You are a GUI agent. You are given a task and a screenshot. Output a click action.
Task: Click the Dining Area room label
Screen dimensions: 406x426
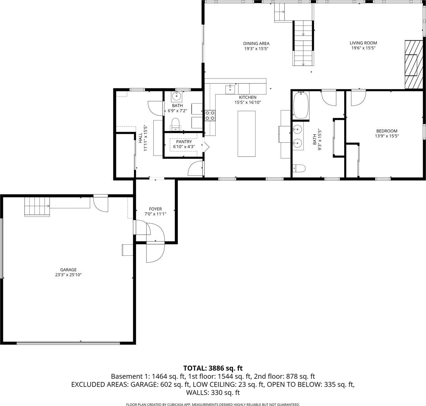click(x=256, y=43)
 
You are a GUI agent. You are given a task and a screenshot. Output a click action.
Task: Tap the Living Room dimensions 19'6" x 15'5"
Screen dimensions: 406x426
click(x=363, y=48)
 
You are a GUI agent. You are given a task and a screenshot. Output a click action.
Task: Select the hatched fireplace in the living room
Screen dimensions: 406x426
click(x=411, y=65)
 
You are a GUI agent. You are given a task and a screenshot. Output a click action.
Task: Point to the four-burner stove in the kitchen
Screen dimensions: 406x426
click(x=210, y=115)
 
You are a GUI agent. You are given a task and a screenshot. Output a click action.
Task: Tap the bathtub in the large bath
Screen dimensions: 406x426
click(x=301, y=106)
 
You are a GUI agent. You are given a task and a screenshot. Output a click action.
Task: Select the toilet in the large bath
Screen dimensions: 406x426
click(x=299, y=168)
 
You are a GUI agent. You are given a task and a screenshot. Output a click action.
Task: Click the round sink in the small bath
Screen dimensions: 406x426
click(x=176, y=96)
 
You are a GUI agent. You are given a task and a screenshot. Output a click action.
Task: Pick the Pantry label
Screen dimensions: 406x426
click(x=184, y=142)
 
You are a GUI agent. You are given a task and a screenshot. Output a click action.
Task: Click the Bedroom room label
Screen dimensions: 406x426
click(x=387, y=131)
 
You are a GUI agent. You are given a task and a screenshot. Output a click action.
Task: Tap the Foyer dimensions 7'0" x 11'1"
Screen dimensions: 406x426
click(x=155, y=214)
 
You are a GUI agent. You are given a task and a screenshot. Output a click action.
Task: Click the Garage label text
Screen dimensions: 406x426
click(x=68, y=270)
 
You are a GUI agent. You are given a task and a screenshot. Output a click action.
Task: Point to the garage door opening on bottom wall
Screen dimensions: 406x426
click(x=68, y=343)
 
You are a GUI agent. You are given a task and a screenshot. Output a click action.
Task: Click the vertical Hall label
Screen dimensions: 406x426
click(x=140, y=137)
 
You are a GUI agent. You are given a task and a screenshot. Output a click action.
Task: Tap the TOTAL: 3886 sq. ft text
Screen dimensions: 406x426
click(x=213, y=368)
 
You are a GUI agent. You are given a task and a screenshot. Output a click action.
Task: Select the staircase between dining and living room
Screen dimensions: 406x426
click(x=303, y=43)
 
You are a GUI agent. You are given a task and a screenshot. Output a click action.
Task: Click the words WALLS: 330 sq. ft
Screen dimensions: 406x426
click(x=213, y=393)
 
